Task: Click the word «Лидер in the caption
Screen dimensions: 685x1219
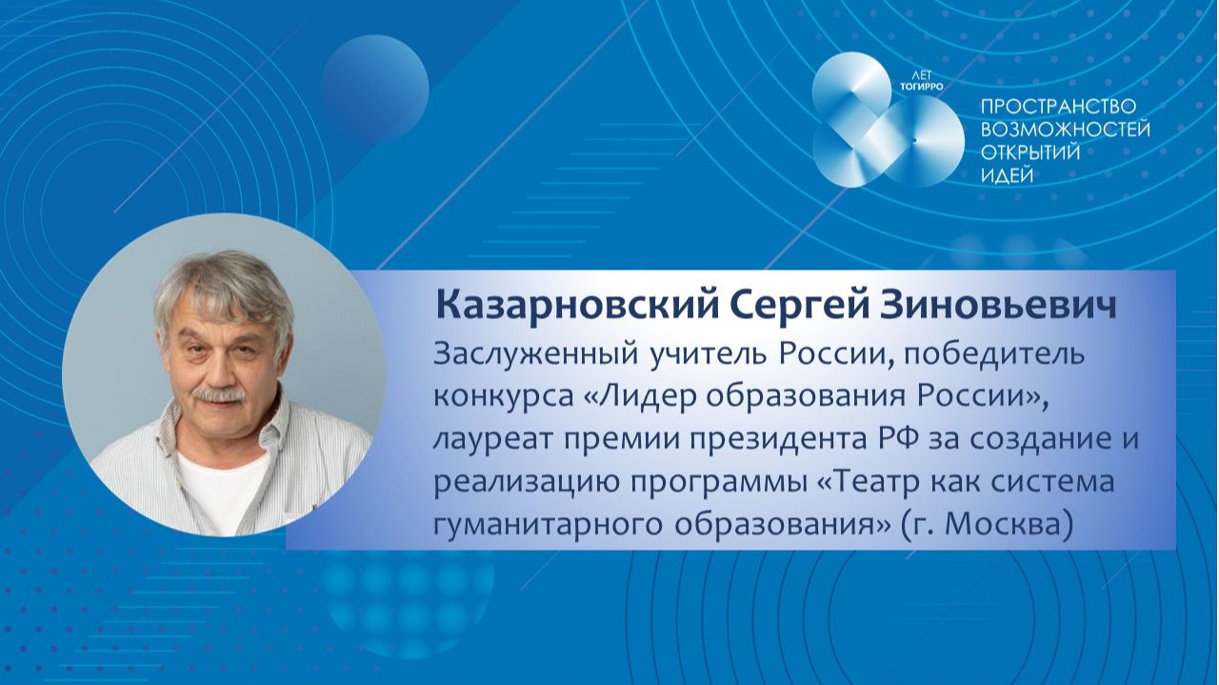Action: [x=628, y=396]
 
